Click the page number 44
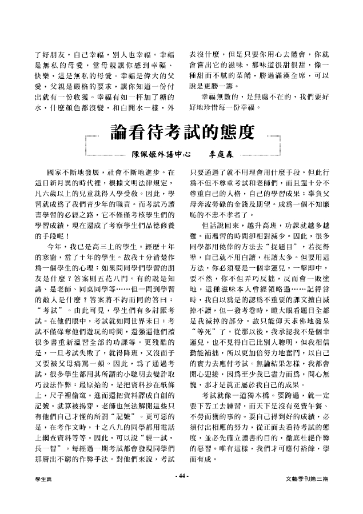pyautogui.click(x=181, y=490)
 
